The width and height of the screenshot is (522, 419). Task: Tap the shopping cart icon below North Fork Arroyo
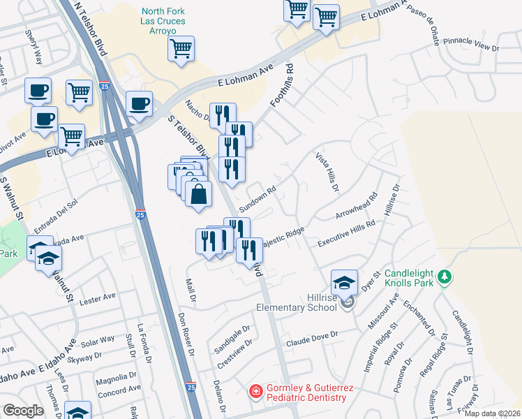[181, 50]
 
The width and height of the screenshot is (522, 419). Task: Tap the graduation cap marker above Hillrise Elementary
[344, 283]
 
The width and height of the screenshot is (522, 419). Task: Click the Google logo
[23, 411]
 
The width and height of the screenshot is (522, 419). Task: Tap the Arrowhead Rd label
[356, 205]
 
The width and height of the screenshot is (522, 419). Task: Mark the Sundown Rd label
[258, 199]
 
